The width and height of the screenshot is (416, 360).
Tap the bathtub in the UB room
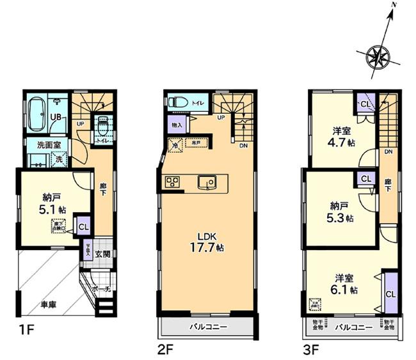(x=36, y=112)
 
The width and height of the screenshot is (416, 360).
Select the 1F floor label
(x=23, y=350)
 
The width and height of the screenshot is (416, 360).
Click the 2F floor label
(x=166, y=350)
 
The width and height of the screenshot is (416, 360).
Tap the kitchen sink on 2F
(x=207, y=182)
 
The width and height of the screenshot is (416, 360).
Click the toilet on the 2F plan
(x=177, y=102)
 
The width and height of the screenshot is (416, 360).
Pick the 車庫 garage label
(x=49, y=304)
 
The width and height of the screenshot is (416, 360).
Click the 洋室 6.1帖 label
(x=344, y=283)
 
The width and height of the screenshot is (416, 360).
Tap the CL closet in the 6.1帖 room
(x=390, y=293)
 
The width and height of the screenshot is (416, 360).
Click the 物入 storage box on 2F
(x=177, y=125)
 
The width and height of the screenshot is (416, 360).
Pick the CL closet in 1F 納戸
(x=83, y=226)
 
